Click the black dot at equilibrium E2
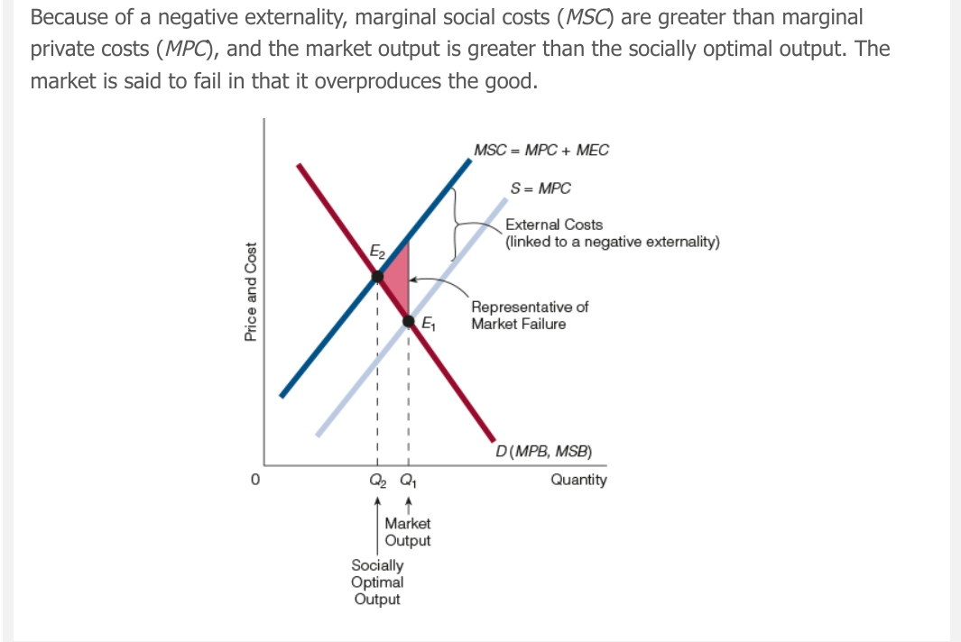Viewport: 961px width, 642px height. (x=376, y=276)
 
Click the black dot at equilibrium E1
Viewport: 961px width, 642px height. (x=409, y=320)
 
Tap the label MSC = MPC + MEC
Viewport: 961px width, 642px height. (x=541, y=150)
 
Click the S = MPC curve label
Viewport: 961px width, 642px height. (x=541, y=188)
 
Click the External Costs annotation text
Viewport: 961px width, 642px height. (x=554, y=225)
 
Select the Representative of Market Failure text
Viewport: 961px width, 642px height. (x=530, y=316)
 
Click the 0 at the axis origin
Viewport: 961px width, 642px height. (x=255, y=480)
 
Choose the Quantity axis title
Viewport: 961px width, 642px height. (x=578, y=480)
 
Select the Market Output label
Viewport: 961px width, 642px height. (x=408, y=532)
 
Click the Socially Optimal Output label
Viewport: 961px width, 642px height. (x=377, y=582)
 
